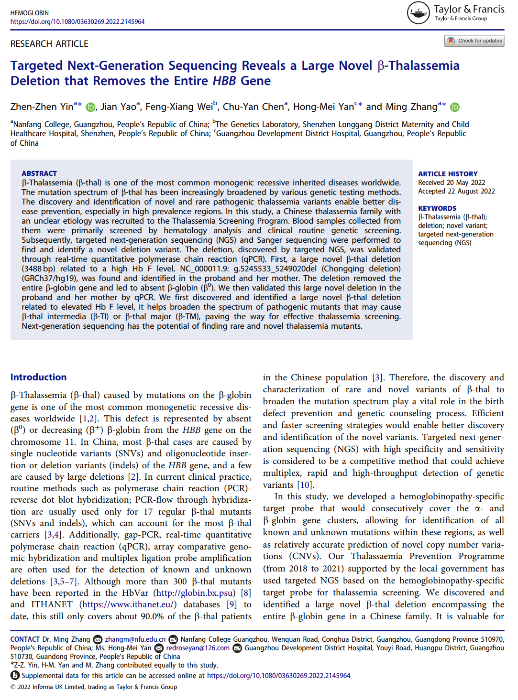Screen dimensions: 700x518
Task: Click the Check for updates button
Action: [474, 41]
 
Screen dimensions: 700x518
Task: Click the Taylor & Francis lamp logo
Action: [418, 13]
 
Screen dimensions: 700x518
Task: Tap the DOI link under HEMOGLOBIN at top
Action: [77, 22]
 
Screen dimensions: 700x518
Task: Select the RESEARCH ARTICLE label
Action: [49, 44]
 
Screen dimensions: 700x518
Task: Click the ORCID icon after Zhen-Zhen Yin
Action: [90, 107]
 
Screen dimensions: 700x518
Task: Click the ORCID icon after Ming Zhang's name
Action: [455, 107]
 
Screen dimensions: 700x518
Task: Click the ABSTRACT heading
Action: [39, 173]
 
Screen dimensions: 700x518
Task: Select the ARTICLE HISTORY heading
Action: [448, 174]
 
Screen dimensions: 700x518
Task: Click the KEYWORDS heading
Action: [437, 208]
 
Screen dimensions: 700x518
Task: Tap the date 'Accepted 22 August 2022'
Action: [456, 191]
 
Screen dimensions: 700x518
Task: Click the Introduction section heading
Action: [39, 377]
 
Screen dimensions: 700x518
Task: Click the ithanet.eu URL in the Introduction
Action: [128, 604]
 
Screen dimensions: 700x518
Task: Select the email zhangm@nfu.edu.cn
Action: [135, 639]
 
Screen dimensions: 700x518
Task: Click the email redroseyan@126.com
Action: [198, 648]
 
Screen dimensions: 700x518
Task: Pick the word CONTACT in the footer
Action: [25, 639]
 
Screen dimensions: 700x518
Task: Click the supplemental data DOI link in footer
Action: [278, 676]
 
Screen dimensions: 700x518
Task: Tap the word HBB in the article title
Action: [224, 81]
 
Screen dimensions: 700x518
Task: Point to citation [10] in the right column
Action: [305, 485]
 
